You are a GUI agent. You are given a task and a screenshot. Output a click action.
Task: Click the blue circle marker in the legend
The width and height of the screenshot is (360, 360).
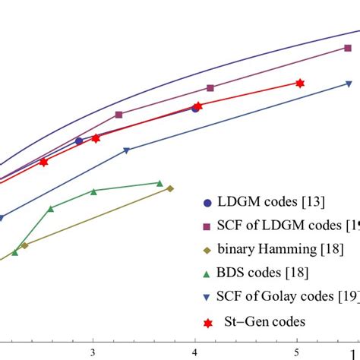208,203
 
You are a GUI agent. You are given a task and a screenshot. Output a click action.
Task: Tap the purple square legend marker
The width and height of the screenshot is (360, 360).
208,226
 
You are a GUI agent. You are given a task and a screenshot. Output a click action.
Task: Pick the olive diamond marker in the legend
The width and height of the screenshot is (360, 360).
208,249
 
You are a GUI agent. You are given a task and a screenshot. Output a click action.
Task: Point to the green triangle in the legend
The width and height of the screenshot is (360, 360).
208,272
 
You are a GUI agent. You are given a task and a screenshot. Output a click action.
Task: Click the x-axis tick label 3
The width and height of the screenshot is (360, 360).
93,352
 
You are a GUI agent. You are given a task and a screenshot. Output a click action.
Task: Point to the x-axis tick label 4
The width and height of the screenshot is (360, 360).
195,352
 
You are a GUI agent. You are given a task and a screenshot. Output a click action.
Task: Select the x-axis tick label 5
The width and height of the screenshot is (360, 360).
297,352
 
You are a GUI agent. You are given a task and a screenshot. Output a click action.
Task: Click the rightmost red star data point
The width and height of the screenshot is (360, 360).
300,83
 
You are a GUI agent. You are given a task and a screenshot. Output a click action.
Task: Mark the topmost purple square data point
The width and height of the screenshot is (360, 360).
348,48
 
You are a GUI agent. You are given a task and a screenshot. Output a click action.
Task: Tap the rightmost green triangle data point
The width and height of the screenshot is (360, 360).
159,183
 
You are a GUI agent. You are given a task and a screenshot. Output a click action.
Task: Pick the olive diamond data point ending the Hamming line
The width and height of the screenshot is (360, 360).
170,188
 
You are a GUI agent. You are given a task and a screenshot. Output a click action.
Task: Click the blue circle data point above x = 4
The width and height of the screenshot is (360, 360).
195,109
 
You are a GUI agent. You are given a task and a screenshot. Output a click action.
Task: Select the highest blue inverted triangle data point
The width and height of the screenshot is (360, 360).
349,84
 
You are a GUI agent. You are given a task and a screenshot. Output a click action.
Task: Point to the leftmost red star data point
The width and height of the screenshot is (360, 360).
43,162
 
